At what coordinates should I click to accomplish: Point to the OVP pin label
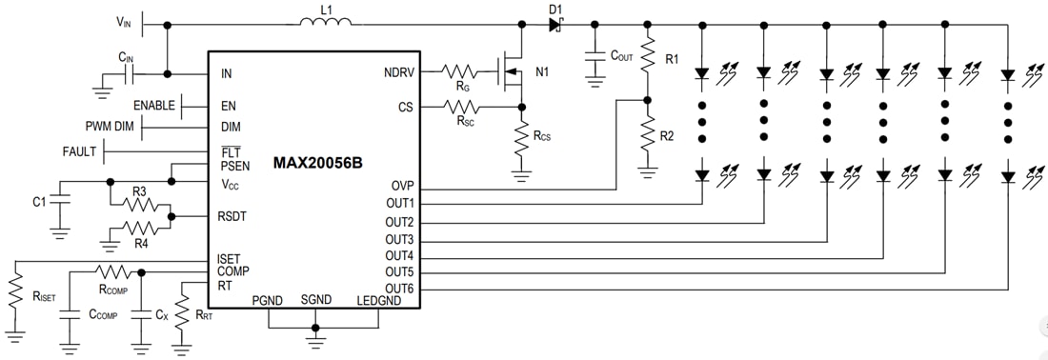pyautogui.click(x=401, y=186)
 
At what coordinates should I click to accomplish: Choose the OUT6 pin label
pyautogui.click(x=398, y=289)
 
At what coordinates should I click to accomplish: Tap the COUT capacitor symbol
pyautogui.click(x=595, y=58)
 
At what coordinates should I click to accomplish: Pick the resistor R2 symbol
pyautogui.click(x=648, y=133)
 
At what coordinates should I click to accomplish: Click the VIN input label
pyautogui.click(x=125, y=22)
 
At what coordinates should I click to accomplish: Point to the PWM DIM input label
pyautogui.click(x=111, y=126)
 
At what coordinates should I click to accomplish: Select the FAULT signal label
pyautogui.click(x=80, y=151)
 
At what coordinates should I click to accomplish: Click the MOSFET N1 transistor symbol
pyautogui.click(x=514, y=71)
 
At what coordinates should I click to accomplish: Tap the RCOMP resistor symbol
pyautogui.click(x=112, y=272)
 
